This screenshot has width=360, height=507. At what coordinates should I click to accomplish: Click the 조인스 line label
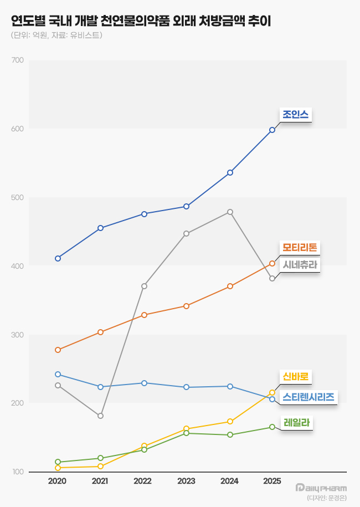[295, 115]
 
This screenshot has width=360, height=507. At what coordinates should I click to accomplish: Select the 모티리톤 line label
[299, 248]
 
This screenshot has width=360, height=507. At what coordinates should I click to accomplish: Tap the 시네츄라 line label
[300, 265]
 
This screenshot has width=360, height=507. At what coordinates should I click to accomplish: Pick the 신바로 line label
[295, 377]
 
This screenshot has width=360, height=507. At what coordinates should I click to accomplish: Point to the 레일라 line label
[295, 423]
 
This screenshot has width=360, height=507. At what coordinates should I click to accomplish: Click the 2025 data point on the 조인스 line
[272, 130]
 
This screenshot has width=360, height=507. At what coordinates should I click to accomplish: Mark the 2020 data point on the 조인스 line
[58, 258]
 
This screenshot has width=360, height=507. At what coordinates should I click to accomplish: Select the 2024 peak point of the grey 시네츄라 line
[230, 212]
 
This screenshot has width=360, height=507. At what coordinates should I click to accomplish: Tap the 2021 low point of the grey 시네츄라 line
[100, 416]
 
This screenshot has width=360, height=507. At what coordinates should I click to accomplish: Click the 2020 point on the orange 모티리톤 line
[58, 350]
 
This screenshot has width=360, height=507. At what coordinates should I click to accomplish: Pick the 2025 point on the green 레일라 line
[272, 427]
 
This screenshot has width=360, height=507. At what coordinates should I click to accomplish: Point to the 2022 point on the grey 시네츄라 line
[144, 286]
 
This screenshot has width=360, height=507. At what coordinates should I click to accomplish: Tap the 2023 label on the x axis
[186, 482]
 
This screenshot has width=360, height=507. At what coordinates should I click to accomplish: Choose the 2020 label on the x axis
[57, 482]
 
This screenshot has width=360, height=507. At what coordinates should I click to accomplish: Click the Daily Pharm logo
[321, 488]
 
